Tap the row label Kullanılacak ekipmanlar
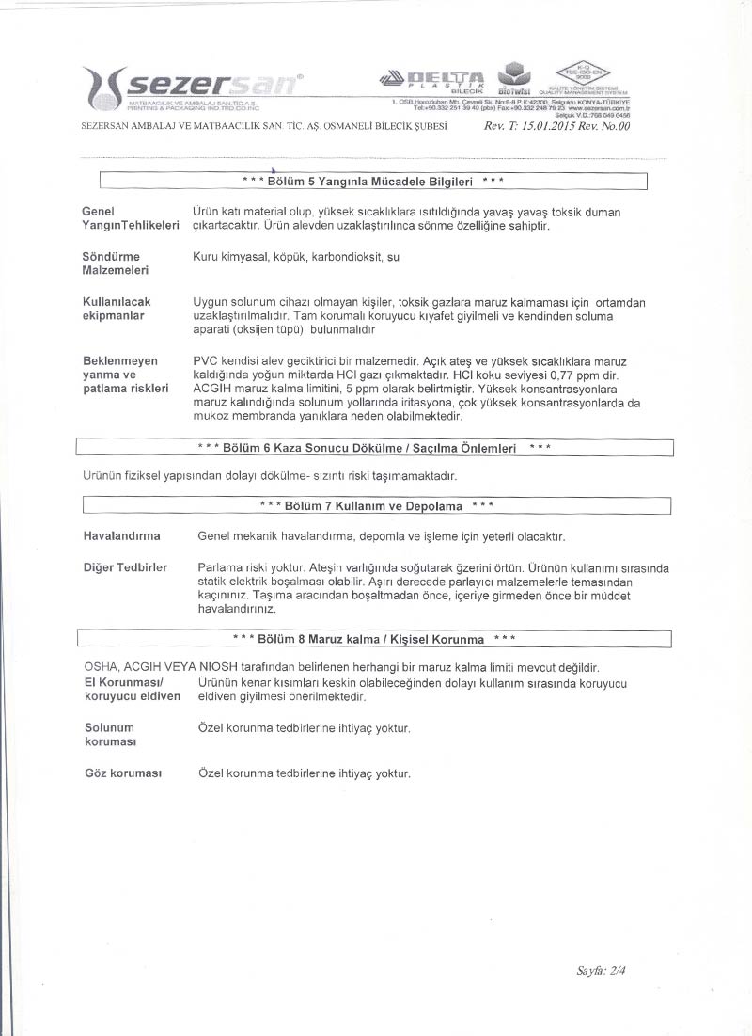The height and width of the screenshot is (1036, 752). (117, 308)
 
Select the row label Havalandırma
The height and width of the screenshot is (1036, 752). (121, 536)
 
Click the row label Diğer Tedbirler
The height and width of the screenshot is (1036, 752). (125, 567)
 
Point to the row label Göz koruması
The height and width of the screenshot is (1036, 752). (123, 773)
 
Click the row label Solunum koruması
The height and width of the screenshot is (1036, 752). (110, 735)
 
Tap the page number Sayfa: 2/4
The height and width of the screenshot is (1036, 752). (602, 970)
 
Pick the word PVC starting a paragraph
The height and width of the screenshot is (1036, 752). (205, 360)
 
